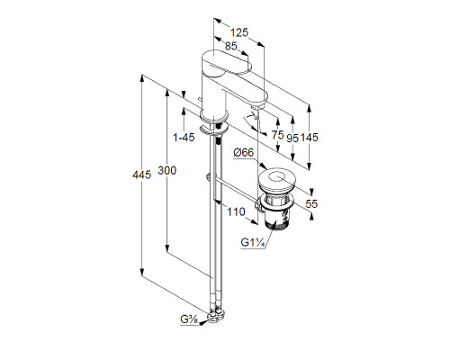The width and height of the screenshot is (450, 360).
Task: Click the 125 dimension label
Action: [x=239, y=32]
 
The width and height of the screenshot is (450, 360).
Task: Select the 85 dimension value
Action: [x=230, y=46]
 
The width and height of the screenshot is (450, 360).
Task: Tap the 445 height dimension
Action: [x=141, y=175]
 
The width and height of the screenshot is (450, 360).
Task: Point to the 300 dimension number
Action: [x=167, y=171]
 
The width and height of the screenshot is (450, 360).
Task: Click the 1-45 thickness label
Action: [x=184, y=138]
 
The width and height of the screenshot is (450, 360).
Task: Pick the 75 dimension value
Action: [x=277, y=135]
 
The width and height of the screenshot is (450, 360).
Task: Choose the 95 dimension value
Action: [x=292, y=139]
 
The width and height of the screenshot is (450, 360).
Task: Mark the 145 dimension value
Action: [x=309, y=138]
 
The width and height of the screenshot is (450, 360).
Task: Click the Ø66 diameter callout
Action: [x=244, y=153]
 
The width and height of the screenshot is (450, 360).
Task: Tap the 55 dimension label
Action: [x=311, y=204]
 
